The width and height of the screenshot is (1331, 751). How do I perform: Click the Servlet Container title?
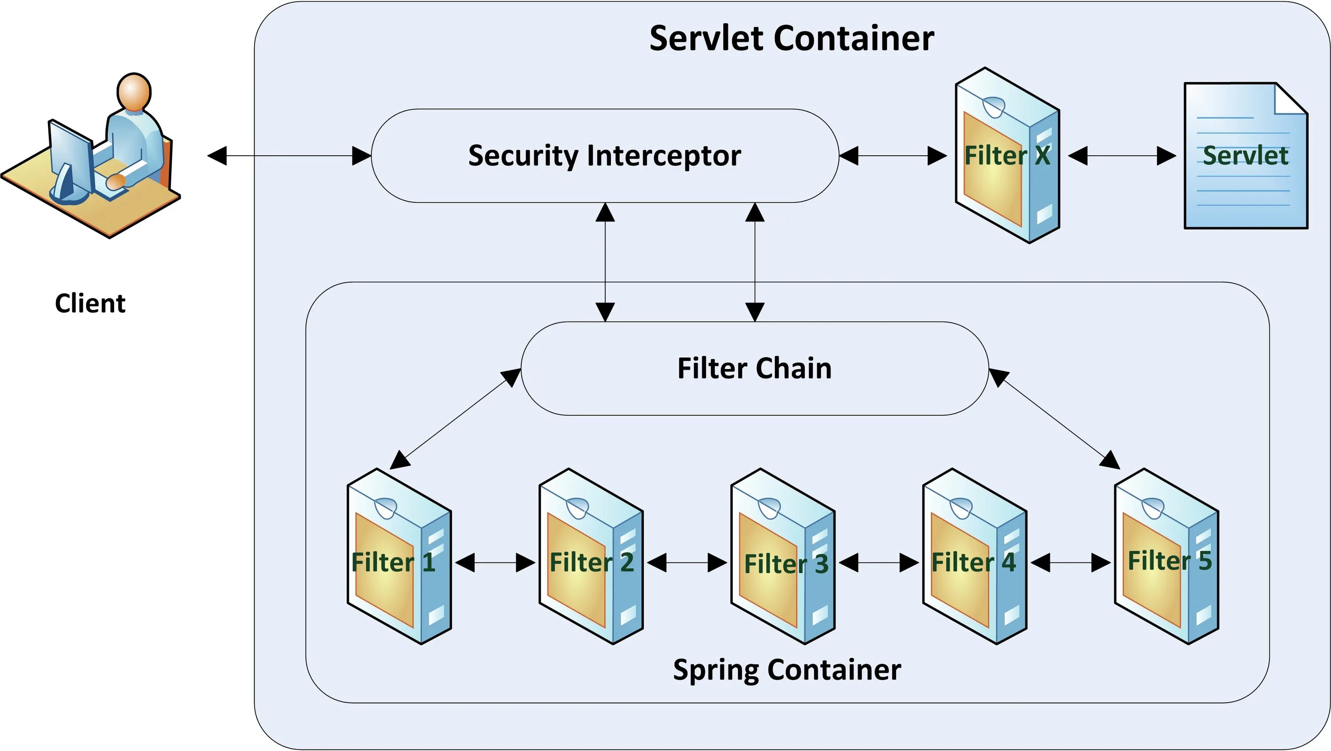(792, 38)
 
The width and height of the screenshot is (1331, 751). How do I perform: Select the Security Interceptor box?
(605, 155)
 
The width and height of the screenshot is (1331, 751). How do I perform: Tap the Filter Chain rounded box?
(754, 368)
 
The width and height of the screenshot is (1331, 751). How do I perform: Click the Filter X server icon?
(1007, 155)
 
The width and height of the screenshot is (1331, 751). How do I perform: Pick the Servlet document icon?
(1246, 155)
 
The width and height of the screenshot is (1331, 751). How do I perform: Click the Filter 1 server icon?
(399, 556)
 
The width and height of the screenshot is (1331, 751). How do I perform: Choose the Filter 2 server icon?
(591, 556)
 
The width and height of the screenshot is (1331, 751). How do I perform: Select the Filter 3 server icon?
(782, 556)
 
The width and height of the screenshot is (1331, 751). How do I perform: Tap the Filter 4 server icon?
(974, 556)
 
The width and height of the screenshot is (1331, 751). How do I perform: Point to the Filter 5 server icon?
(1166, 556)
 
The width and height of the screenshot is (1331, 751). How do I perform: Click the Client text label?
(90, 303)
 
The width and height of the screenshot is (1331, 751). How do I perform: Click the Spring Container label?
(787, 670)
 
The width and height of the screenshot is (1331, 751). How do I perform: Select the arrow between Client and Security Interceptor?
(289, 155)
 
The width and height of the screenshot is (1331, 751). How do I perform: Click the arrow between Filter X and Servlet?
(1122, 155)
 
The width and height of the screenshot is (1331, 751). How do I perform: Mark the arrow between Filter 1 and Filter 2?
(495, 562)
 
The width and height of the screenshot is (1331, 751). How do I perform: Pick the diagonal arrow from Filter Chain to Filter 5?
(1054, 418)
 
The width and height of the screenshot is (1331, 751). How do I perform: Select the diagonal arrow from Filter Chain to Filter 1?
(455, 418)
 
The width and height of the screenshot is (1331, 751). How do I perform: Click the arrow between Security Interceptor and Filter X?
(893, 155)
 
